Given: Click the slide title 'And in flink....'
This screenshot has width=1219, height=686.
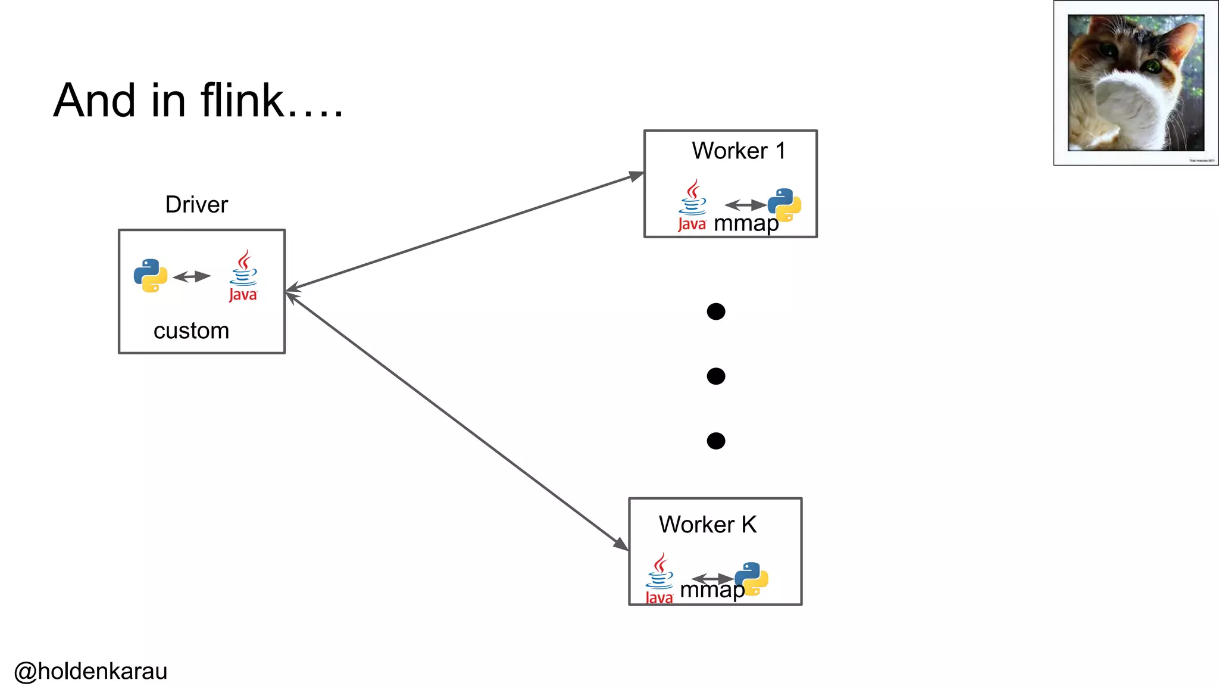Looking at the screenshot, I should click(198, 101).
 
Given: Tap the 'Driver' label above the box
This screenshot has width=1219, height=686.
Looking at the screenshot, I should click(196, 204).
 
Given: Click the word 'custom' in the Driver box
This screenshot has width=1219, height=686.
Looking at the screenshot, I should click(191, 330).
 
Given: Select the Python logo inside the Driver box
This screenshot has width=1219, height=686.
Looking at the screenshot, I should click(151, 275).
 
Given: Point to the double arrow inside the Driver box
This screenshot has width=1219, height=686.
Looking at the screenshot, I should click(192, 276).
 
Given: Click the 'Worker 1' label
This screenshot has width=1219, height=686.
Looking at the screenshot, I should click(738, 151).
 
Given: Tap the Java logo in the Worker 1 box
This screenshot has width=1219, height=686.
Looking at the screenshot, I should click(692, 205).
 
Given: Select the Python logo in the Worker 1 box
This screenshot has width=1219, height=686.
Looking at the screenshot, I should click(784, 205).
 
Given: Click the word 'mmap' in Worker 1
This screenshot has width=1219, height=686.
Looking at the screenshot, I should click(746, 224).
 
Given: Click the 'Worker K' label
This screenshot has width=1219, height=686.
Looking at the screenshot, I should click(708, 525).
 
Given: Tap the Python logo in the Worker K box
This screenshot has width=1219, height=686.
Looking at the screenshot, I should click(752, 579).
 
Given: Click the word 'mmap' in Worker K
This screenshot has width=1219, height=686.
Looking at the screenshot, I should click(711, 590).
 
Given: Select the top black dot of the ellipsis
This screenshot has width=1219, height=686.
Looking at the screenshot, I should click(716, 311).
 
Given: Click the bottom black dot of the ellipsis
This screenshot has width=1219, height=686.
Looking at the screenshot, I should click(716, 441).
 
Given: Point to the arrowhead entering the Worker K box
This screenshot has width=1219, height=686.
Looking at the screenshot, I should click(621, 544).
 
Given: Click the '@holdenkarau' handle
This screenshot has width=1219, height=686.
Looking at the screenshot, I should click(90, 671).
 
